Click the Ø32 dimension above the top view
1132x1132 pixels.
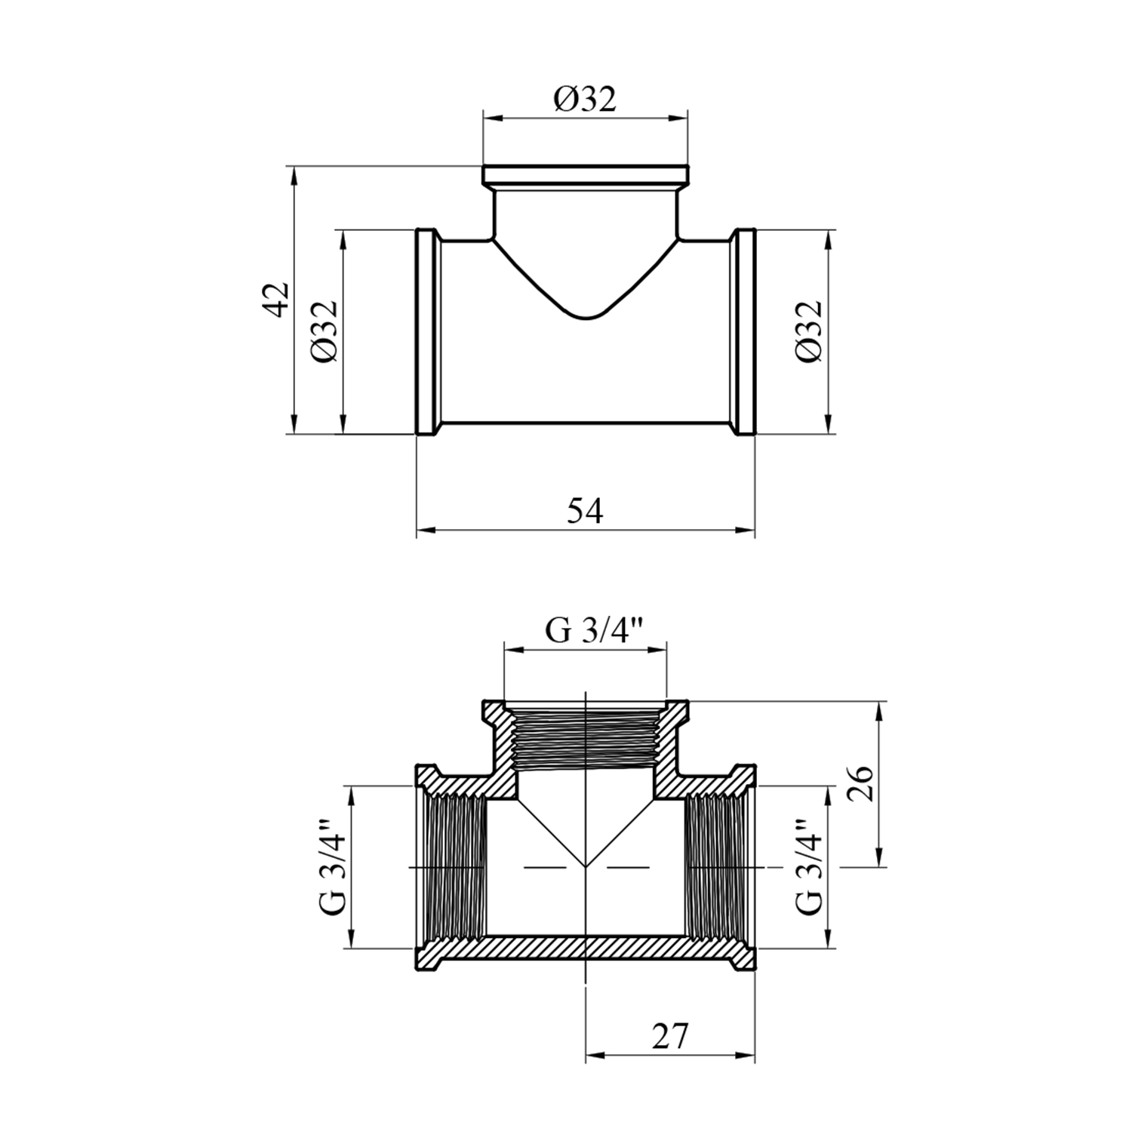point(585,99)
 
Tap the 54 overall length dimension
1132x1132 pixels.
point(586,511)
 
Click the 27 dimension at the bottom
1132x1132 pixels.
point(670,1036)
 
